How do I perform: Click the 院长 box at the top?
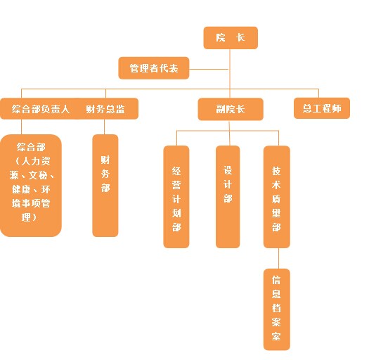click(231, 38)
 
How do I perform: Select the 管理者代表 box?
click(154, 68)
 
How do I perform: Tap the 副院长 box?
click(231, 109)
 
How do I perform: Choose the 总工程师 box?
click(322, 108)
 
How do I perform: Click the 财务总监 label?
click(105, 109)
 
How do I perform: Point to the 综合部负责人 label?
click(41, 109)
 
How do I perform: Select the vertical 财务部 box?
click(105, 186)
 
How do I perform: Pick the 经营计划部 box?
click(176, 197)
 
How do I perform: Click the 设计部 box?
click(228, 197)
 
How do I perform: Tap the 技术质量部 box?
click(277, 197)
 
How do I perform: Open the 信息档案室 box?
click(277, 309)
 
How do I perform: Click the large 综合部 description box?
click(31, 186)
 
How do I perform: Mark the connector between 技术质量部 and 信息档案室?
click(278, 258)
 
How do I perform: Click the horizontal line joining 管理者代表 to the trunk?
click(209, 69)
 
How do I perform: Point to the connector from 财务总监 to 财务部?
click(104, 127)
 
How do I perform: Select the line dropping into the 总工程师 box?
click(318, 94)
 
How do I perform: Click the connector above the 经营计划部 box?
click(176, 139)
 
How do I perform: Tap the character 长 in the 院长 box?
click(240, 38)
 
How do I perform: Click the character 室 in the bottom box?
click(276, 336)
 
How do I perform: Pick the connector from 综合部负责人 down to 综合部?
click(21, 127)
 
